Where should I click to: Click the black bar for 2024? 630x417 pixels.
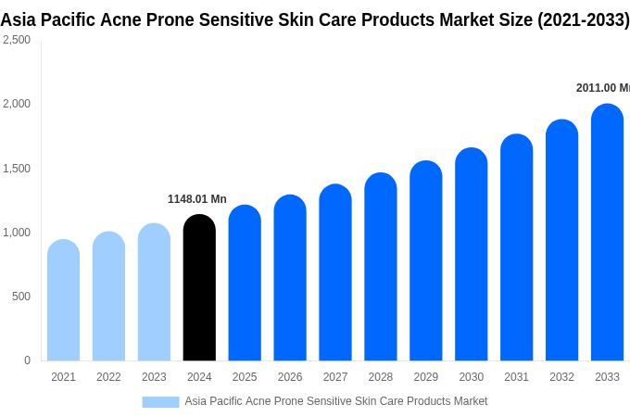click(199, 287)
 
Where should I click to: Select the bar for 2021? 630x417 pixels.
click(63, 300)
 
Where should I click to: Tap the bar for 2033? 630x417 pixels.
click(607, 232)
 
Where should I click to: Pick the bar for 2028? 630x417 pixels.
click(381, 267)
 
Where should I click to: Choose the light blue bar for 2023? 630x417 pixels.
click(154, 292)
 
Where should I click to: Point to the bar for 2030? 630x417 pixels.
click(471, 254)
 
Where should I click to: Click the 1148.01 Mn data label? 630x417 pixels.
click(197, 199)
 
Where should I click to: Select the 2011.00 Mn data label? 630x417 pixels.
click(602, 88)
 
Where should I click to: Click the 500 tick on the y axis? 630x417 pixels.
click(20, 297)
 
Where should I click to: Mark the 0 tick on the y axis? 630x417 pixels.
click(27, 360)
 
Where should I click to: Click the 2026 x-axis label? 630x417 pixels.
click(290, 377)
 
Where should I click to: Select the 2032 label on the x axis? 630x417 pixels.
click(561, 377)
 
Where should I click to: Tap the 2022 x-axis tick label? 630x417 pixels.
click(108, 377)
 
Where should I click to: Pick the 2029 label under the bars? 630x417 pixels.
click(426, 377)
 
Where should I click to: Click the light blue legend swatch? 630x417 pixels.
click(160, 401)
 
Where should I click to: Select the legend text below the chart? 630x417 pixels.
click(335, 401)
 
